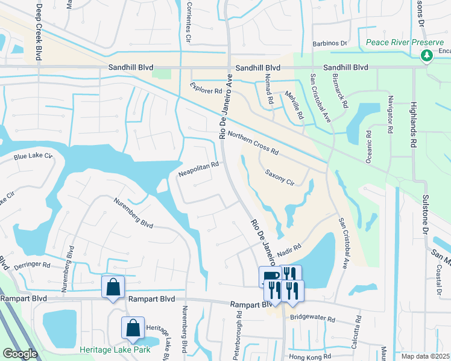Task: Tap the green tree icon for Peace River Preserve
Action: (x=427, y=55)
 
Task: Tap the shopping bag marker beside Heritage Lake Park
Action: (x=133, y=329)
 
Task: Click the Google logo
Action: (x=20, y=354)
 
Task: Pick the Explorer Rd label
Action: (x=206, y=90)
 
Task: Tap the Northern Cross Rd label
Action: (x=253, y=143)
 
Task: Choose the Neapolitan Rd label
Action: (x=198, y=169)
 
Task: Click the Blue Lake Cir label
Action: (x=33, y=158)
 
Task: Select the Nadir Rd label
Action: (x=289, y=244)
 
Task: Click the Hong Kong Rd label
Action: (x=312, y=357)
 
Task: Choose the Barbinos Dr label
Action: (x=330, y=43)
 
